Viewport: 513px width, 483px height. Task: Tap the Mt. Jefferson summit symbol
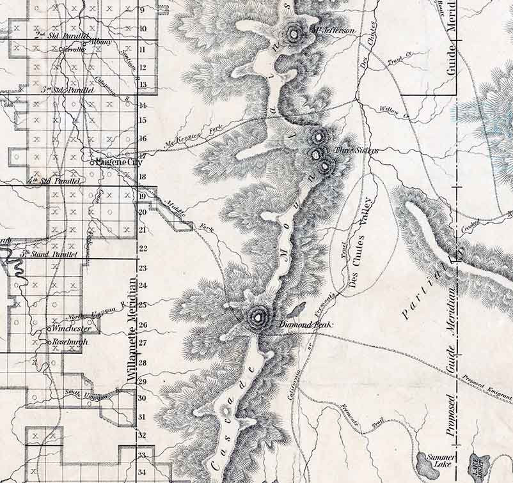294,34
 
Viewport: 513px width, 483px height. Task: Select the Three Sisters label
348,150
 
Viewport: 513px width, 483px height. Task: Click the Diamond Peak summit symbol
259,315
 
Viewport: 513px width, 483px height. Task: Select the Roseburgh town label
69,342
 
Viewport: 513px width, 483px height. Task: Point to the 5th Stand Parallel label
49,254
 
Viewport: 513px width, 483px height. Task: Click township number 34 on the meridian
143,473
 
